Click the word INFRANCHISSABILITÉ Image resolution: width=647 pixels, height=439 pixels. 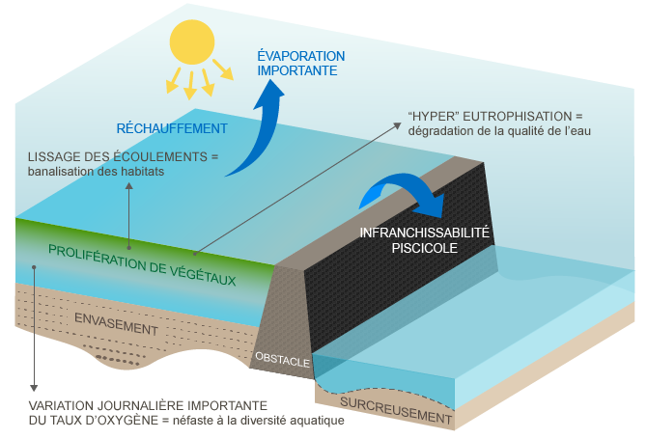pos(425,233)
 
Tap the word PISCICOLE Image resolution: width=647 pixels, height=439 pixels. pos(424,248)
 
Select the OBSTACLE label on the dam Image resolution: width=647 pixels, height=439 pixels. pos(282,360)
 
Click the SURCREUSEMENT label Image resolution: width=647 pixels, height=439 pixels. pos(396,410)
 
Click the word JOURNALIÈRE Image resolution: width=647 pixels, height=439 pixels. pos(132,405)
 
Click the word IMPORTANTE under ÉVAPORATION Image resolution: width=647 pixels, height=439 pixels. pos(297,70)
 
